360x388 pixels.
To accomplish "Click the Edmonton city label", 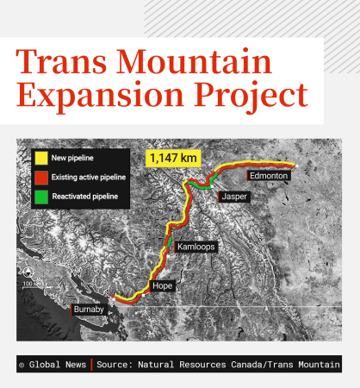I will pyautogui.click(x=270, y=175).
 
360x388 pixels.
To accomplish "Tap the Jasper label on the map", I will pyautogui.click(x=233, y=197).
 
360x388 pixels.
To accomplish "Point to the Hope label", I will pyautogui.click(x=162, y=285).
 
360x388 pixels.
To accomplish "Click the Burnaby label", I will pyautogui.click(x=90, y=309).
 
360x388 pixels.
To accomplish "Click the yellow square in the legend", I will pyautogui.click(x=40, y=159).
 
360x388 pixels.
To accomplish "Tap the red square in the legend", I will pyautogui.click(x=40, y=178).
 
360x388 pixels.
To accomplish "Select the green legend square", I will pyautogui.click(x=40, y=197).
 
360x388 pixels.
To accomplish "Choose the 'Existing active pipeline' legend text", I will pyautogui.click(x=89, y=178).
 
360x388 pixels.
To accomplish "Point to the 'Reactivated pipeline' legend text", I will pyautogui.click(x=84, y=197).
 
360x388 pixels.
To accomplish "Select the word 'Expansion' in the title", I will pyautogui.click(x=98, y=96).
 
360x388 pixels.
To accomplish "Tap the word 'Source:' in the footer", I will pyautogui.click(x=117, y=365).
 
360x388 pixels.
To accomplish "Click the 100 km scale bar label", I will pyautogui.click(x=29, y=283).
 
